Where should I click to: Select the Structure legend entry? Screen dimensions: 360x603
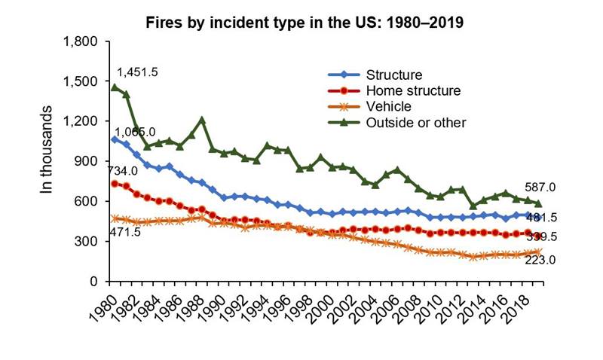(x=393, y=75)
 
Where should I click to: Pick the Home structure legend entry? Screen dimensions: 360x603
(x=412, y=90)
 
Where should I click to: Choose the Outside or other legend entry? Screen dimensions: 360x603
(x=415, y=122)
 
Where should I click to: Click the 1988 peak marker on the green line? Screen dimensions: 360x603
(x=202, y=120)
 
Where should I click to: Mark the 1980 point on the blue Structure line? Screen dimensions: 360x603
(x=115, y=139)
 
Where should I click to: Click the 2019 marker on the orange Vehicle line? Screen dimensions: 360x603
(x=538, y=252)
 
